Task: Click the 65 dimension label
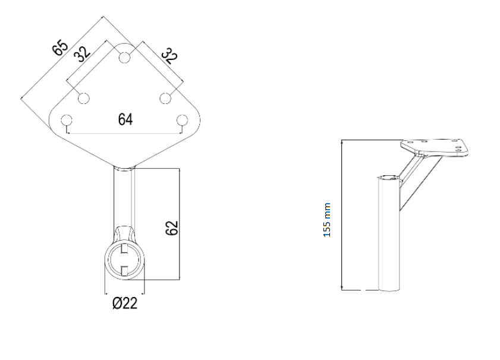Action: coord(60,47)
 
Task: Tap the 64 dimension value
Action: coord(125,119)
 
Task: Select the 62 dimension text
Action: coord(172,228)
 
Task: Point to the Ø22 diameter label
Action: coord(125,303)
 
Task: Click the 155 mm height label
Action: coord(327,220)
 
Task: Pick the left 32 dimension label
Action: coord(82,54)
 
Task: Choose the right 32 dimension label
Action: coord(170,56)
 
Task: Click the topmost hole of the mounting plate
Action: coord(124,58)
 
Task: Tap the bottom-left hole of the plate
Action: coord(67,120)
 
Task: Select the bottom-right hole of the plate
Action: coord(183,120)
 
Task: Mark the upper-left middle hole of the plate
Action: coord(84,98)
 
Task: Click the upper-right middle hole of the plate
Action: coord(165,98)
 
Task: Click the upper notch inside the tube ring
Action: coord(125,249)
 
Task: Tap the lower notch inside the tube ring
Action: coord(125,270)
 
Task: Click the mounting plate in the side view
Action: coord(435,147)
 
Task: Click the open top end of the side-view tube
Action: coord(389,177)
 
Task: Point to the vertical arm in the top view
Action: coord(124,197)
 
